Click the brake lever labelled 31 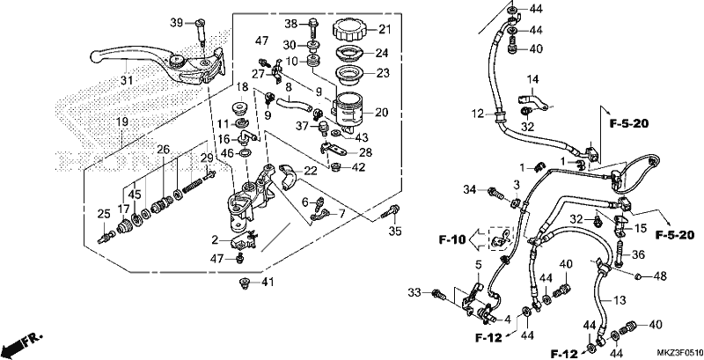tap(158, 65)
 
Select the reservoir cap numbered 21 tap(349, 30)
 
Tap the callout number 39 tap(177, 22)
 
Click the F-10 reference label tap(453, 240)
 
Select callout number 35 tap(395, 231)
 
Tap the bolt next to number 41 tap(245, 283)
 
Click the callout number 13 tap(620, 301)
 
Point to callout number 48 tap(661, 276)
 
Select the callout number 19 tap(122, 121)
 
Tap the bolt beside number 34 tap(494, 194)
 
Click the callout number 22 tap(311, 171)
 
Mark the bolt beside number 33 tap(437, 295)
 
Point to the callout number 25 tap(104, 214)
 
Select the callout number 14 tap(532, 80)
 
